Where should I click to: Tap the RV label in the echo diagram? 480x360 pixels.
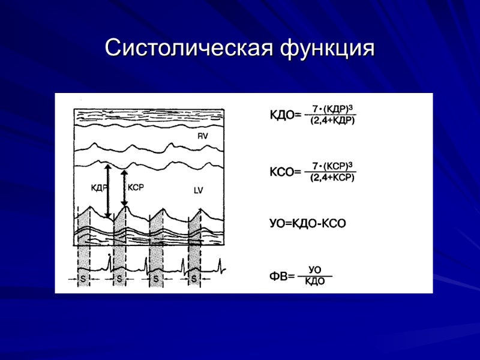click(x=202, y=137)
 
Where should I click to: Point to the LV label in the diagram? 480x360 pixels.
click(x=199, y=191)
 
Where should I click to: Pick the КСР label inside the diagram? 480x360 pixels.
click(x=136, y=187)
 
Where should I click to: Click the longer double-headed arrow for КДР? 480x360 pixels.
click(x=107, y=191)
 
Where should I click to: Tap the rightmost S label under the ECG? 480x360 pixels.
click(x=194, y=279)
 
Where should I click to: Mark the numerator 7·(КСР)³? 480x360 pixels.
click(x=332, y=166)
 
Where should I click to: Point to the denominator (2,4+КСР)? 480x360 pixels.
click(x=332, y=178)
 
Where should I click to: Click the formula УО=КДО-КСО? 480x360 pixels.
click(x=308, y=223)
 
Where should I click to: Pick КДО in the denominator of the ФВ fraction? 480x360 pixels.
click(x=314, y=282)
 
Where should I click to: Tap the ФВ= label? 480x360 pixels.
click(x=282, y=277)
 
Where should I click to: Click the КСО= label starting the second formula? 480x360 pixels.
click(x=285, y=172)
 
